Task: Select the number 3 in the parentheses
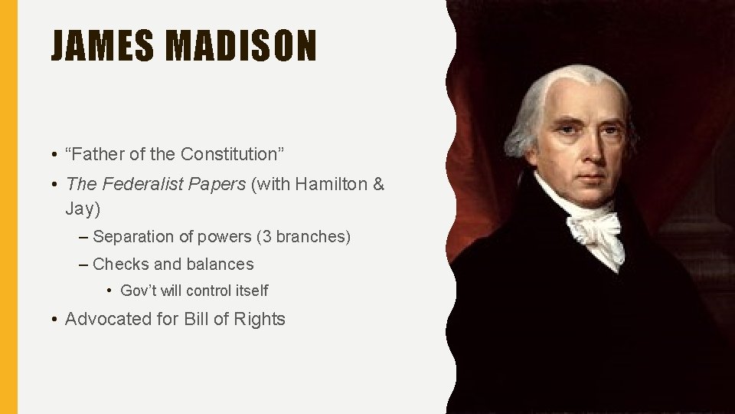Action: coord(266,237)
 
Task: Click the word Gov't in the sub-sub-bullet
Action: coord(138,291)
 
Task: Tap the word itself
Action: coord(250,291)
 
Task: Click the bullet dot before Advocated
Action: coord(56,319)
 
